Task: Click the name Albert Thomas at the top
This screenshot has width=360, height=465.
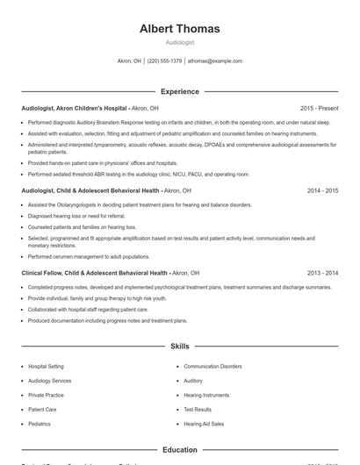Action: (179, 29)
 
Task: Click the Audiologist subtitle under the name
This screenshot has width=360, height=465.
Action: (179, 42)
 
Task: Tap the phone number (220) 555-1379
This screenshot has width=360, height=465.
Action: (164, 61)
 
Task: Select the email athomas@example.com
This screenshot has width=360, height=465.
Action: (214, 61)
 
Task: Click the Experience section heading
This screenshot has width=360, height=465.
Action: (179, 91)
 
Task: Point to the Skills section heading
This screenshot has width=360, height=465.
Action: (179, 347)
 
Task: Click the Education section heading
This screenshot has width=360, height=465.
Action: (179, 450)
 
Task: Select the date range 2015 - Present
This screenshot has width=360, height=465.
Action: (319, 107)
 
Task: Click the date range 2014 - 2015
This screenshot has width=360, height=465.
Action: (322, 190)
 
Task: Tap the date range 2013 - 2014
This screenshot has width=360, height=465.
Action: (322, 273)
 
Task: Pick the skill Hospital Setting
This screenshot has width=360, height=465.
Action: (46, 366)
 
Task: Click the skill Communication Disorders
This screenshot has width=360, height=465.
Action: (212, 366)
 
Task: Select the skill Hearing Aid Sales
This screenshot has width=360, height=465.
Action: (204, 424)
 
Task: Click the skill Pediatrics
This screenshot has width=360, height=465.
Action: (40, 424)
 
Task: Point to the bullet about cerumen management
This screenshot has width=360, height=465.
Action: (88, 256)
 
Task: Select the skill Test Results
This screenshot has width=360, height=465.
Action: (198, 409)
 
